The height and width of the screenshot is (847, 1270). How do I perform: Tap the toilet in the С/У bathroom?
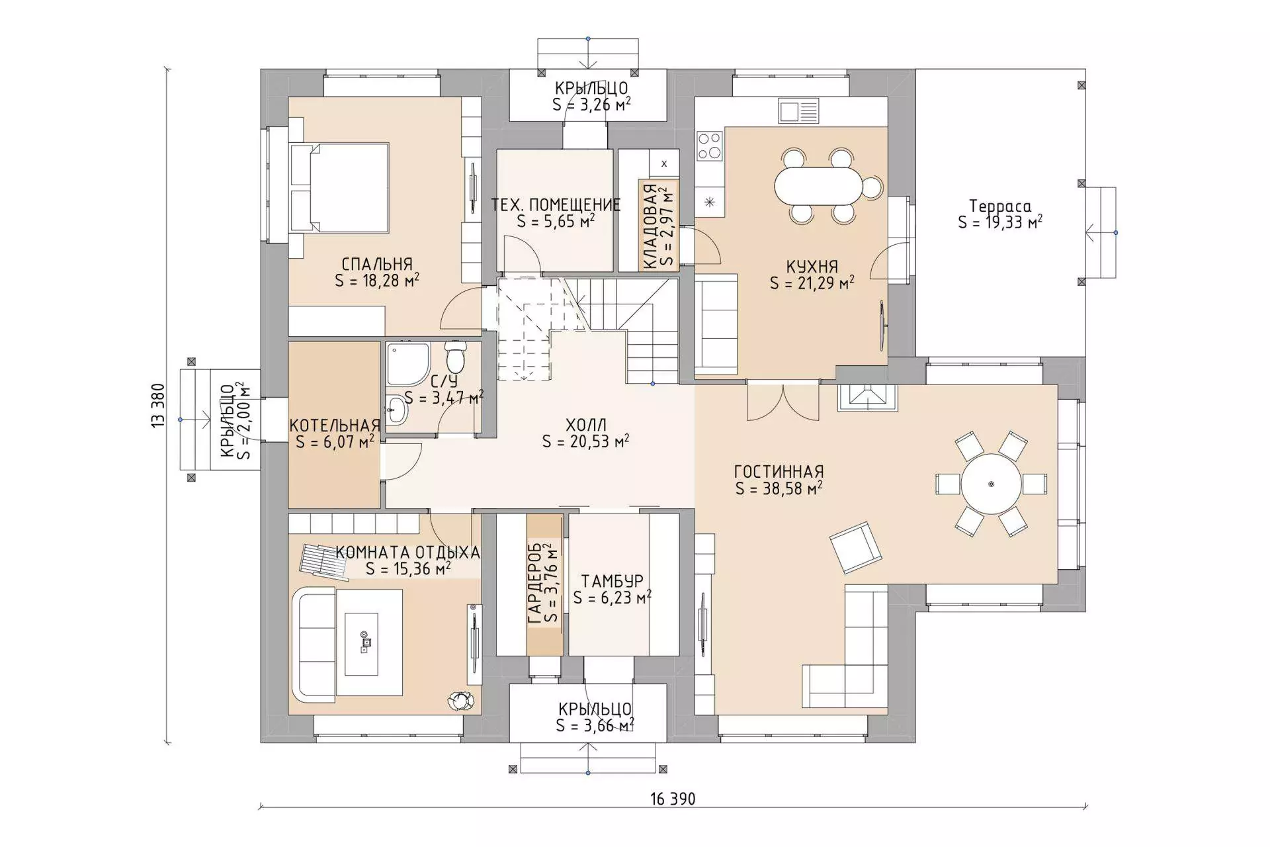(455, 357)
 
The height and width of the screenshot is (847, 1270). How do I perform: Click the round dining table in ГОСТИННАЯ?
(991, 484)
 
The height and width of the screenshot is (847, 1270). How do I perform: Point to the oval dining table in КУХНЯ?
(819, 186)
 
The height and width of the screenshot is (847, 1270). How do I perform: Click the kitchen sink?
(798, 111)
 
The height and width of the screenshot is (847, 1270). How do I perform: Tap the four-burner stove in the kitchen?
(710, 146)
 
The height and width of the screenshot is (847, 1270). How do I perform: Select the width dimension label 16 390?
(673, 799)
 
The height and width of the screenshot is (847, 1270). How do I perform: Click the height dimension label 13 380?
(157, 405)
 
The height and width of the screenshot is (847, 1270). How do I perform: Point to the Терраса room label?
(1000, 206)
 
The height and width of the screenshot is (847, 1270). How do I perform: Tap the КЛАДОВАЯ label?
(650, 226)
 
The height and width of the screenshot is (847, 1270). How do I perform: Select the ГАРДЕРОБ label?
(535, 584)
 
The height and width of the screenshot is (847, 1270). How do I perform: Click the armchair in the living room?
(856, 547)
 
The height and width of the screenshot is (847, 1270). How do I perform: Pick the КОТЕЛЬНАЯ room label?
(335, 425)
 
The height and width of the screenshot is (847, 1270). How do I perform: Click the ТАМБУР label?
(612, 581)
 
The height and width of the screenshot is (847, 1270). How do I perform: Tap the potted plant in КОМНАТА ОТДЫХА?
(460, 701)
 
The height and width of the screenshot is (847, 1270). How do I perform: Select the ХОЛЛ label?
(586, 424)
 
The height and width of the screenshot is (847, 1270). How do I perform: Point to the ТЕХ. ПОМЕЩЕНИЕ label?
(556, 204)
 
